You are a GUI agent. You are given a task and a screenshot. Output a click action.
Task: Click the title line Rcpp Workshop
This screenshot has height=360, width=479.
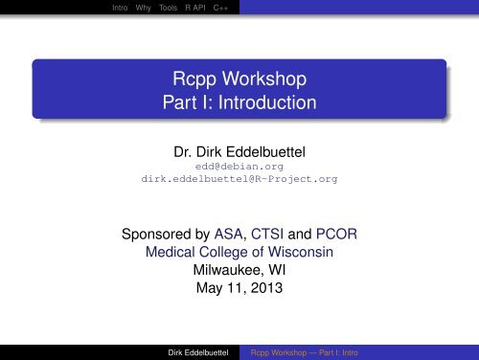coord(239,79)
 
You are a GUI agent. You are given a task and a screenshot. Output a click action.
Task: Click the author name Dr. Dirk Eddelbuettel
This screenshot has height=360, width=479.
coord(239,149)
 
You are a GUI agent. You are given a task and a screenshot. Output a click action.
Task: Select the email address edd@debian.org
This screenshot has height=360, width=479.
coord(239,166)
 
